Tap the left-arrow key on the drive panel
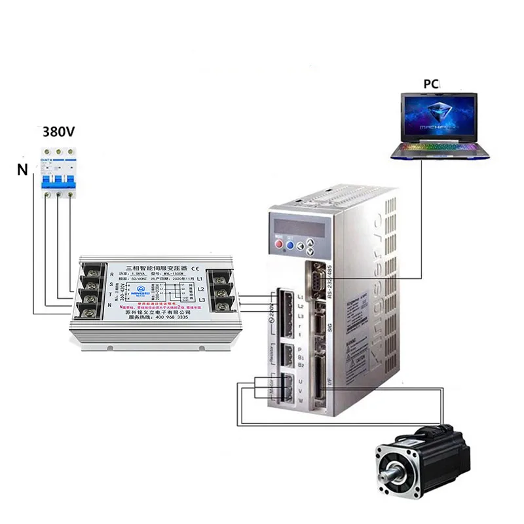tap(299, 246)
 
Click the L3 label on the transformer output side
tap(201, 299)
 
